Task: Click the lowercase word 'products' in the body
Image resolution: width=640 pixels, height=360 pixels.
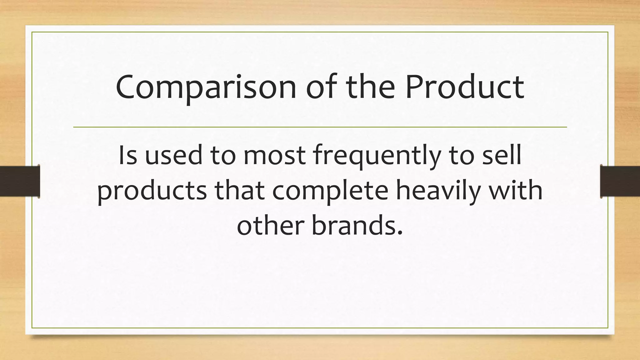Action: [x=152, y=192]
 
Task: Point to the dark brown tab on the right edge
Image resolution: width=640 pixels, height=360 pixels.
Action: [x=620, y=181]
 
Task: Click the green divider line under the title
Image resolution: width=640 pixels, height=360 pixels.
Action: [x=320, y=127]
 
